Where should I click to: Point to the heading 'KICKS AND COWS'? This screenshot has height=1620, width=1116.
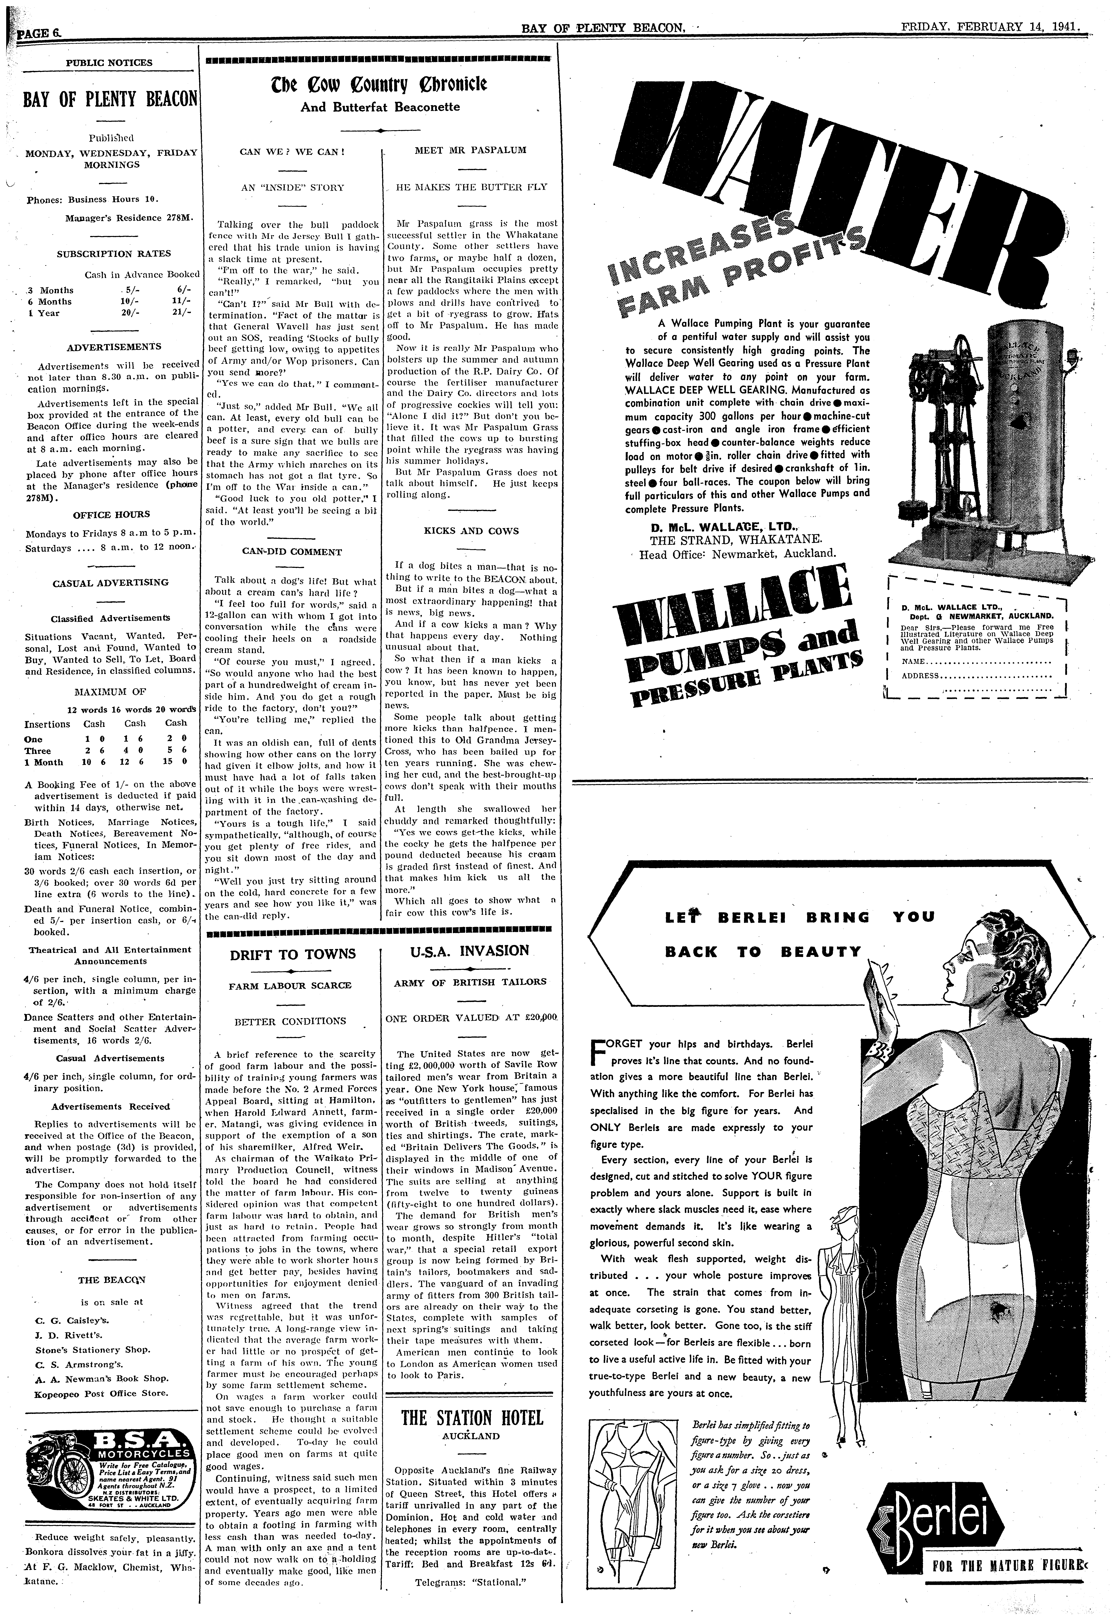click(471, 531)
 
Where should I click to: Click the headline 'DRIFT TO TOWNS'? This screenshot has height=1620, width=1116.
click(292, 954)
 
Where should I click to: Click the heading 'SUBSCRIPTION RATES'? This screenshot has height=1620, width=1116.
click(113, 254)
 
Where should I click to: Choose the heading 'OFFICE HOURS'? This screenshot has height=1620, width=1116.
click(102, 515)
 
